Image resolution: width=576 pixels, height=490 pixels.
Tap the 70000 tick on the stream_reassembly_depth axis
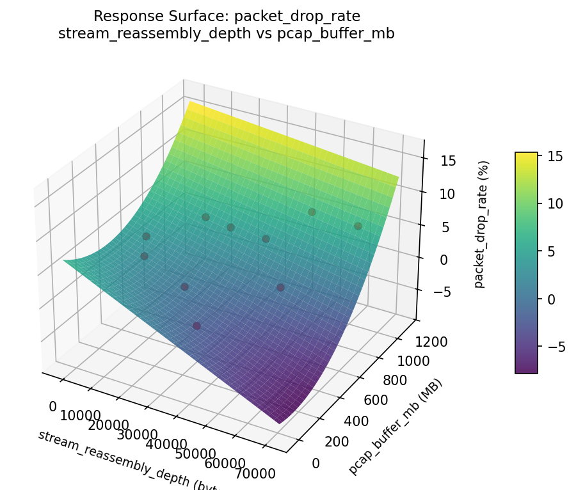point(254,473)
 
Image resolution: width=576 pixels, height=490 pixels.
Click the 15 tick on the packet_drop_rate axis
point(448,161)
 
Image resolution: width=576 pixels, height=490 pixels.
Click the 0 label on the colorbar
point(550,299)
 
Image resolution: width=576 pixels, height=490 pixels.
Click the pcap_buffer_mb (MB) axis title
point(395,427)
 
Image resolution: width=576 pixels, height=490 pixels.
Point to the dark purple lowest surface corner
point(279,421)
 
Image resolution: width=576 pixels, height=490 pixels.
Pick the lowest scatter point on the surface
point(197,326)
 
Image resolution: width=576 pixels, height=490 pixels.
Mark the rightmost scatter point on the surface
point(358,226)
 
